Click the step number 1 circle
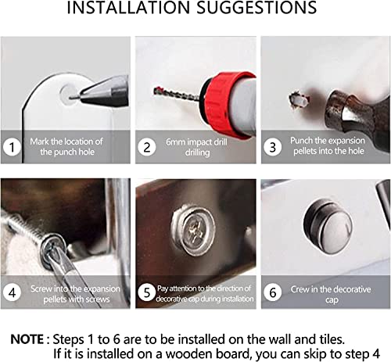click(x=12, y=147)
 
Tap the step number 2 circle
click(x=147, y=147)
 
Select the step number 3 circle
click(x=272, y=147)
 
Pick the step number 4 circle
click(x=12, y=292)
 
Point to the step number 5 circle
click(x=147, y=292)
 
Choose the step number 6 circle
click(x=272, y=292)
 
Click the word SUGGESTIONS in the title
click(x=256, y=7)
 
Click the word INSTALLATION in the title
click(x=128, y=7)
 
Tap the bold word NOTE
click(x=27, y=339)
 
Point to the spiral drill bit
click(x=176, y=94)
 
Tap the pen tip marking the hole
click(x=76, y=97)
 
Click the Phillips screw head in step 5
click(x=193, y=230)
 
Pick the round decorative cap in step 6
click(x=328, y=226)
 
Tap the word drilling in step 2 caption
click(x=197, y=152)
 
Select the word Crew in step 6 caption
click(x=300, y=289)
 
